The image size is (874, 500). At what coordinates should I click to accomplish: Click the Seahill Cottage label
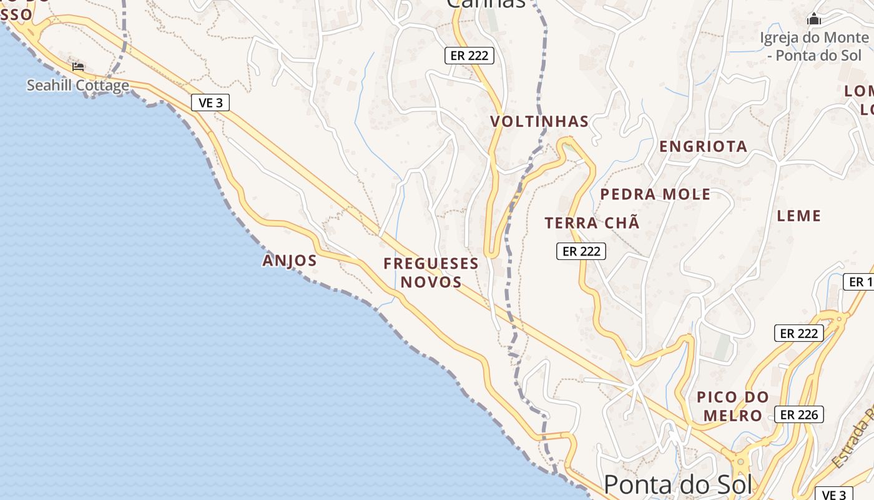click(78, 86)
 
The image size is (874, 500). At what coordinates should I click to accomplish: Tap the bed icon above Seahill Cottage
click(78, 66)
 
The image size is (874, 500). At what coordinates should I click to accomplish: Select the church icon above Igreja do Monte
click(813, 19)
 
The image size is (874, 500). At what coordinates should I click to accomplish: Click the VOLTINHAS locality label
click(539, 121)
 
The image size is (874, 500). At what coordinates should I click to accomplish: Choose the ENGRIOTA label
click(703, 146)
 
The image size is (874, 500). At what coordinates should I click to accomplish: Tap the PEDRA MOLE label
click(655, 194)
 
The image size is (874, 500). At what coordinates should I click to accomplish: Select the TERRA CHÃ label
click(592, 223)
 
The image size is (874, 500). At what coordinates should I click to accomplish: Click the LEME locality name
click(798, 216)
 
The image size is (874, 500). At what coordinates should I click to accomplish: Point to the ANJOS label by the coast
click(290, 260)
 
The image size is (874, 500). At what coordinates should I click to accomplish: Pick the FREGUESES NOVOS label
click(431, 272)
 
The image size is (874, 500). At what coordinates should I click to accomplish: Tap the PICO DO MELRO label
click(733, 406)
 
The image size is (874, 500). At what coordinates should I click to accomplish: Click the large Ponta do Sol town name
click(677, 484)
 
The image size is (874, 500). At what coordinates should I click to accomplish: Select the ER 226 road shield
click(799, 414)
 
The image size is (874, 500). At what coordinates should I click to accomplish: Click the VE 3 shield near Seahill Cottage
click(210, 102)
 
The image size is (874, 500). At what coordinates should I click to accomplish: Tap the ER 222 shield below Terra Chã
click(581, 251)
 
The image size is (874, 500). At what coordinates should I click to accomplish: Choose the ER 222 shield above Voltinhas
click(469, 56)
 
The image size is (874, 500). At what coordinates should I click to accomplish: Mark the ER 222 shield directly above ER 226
click(799, 333)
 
